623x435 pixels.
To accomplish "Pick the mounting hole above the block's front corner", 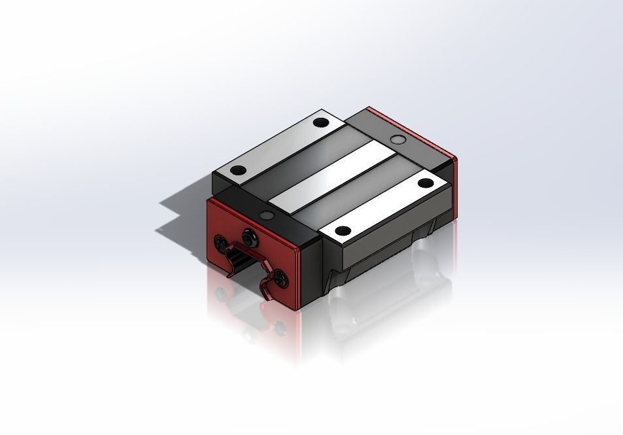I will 343,230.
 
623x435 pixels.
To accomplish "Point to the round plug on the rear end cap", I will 397,138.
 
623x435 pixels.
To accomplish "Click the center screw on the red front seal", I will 248,235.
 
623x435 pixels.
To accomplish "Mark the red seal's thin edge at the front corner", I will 299,278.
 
